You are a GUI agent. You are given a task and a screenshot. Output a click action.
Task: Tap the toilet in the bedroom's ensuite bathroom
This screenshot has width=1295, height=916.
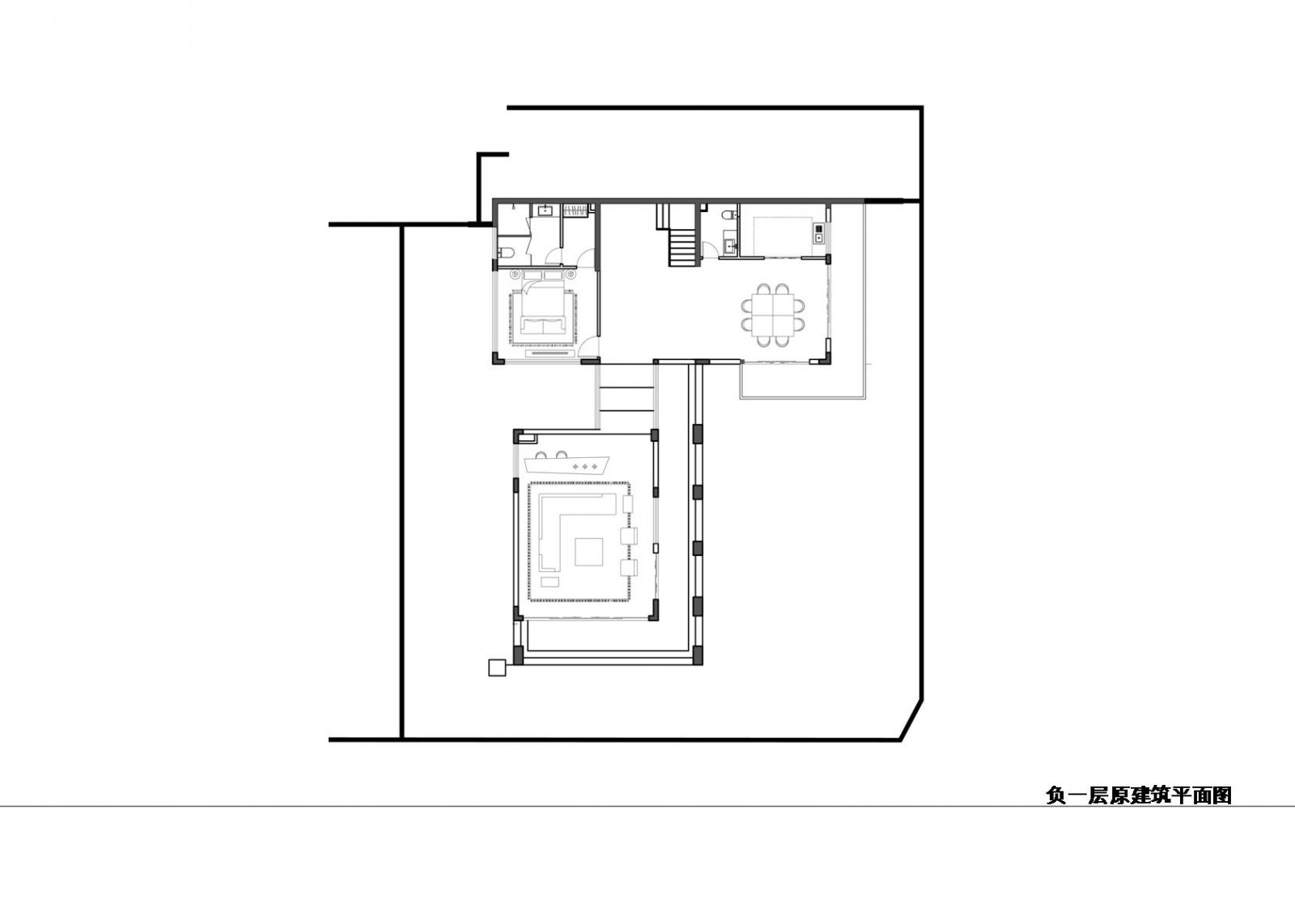click(x=503, y=250)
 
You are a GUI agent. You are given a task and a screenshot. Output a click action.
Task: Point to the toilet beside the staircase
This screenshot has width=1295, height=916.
click(x=728, y=215)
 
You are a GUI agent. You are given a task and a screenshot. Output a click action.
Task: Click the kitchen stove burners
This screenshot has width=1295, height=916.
click(x=818, y=233)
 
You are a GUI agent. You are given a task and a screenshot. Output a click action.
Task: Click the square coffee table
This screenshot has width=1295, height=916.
click(x=590, y=553)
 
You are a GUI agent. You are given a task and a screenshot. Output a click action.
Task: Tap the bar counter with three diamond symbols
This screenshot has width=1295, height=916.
click(x=570, y=466)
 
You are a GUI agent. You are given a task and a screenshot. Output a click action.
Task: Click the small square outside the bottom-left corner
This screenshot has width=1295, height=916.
click(x=496, y=668)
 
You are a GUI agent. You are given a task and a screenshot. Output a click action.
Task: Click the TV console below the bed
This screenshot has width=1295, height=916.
click(x=550, y=353)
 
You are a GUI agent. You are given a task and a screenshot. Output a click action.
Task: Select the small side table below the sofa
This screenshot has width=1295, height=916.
click(x=550, y=583)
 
